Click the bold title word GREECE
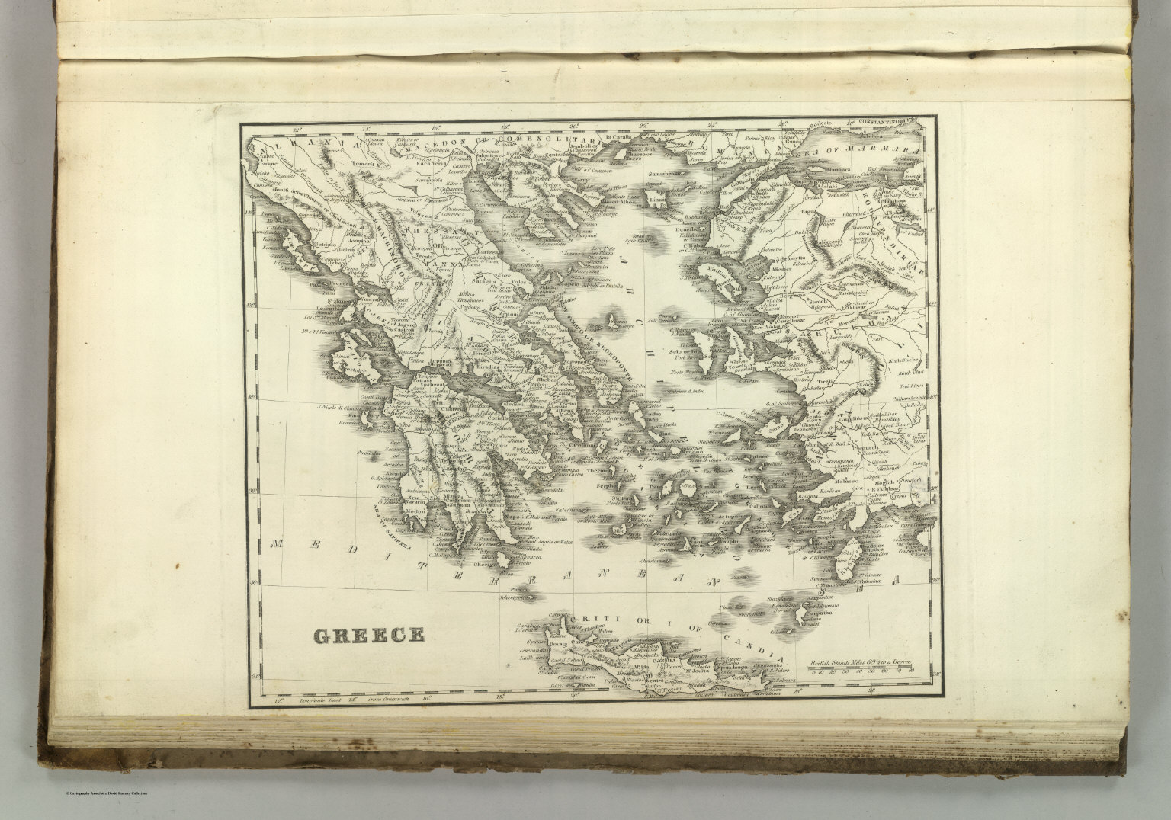(x=368, y=635)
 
